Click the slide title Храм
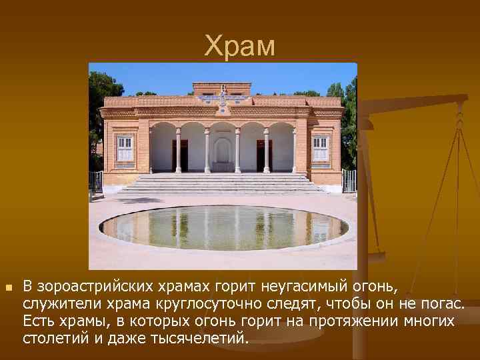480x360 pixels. (x=239, y=46)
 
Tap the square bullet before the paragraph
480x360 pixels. (x=8, y=287)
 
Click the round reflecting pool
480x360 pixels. (x=223, y=227)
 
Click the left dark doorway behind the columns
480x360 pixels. (x=179, y=155)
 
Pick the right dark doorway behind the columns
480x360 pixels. (x=265, y=155)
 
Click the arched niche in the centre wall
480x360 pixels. (x=223, y=153)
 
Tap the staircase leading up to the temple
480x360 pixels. (x=223, y=183)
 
